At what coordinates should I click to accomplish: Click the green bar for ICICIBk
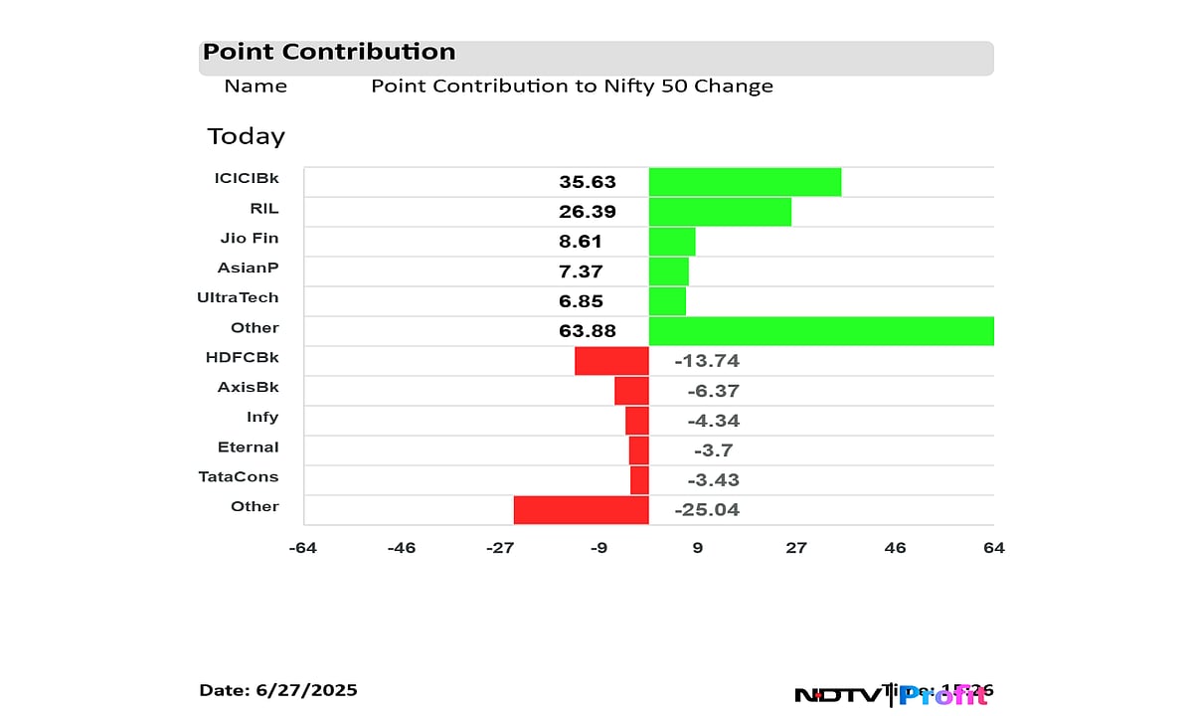point(745,182)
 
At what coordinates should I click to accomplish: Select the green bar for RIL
point(720,212)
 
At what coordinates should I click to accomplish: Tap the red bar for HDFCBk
point(611,361)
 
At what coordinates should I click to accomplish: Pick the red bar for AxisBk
point(631,391)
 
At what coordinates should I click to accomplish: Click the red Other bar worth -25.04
point(581,510)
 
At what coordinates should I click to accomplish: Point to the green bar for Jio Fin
point(672,242)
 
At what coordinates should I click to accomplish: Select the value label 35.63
point(588,182)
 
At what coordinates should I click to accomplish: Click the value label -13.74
point(707,361)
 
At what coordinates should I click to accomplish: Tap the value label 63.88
point(588,331)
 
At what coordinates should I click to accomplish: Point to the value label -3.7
point(714,450)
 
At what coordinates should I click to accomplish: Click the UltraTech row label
point(239,297)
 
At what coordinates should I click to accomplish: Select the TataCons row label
point(239,476)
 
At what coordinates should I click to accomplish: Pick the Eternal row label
point(249,447)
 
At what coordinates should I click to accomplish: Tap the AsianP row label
point(248,268)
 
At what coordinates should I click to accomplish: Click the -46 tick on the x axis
point(401,548)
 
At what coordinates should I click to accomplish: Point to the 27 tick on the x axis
point(795,548)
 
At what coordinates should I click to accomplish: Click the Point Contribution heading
point(329,53)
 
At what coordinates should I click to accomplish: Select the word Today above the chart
point(246,136)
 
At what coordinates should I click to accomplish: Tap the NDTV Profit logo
point(892,694)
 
